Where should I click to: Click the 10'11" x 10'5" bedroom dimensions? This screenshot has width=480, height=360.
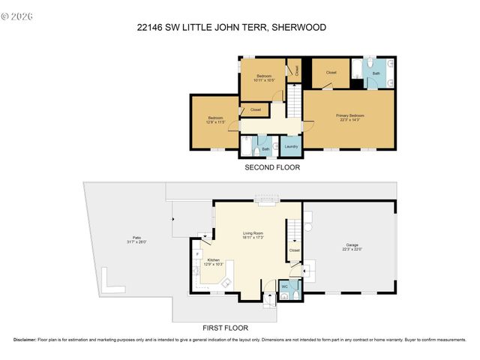coord(264,80)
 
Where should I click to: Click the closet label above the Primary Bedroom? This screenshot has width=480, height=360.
coord(331,73)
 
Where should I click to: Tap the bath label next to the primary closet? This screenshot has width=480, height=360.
coord(376,73)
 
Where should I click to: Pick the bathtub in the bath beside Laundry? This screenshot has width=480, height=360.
coord(246,146)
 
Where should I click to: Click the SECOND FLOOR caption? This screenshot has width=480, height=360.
coord(272,168)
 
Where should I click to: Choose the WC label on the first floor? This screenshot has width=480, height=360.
coord(285,286)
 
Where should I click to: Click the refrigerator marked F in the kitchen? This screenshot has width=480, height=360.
coord(197,254)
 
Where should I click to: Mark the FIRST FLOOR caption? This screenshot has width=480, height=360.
coord(226,328)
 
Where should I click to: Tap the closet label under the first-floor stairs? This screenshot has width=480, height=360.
coord(294,250)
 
